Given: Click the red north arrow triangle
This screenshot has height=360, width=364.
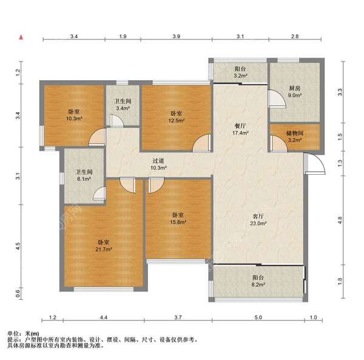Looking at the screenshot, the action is [x=21, y=37].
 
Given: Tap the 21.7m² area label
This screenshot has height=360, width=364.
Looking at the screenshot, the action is [x=104, y=250].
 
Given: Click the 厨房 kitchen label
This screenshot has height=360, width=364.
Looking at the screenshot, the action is [x=295, y=88].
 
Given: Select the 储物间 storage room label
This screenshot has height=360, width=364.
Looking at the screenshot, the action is [x=295, y=134].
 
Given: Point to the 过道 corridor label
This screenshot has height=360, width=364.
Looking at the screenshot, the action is [x=158, y=161].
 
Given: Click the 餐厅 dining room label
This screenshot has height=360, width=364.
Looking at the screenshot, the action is [x=240, y=126].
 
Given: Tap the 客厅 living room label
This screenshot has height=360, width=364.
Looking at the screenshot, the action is [x=258, y=217].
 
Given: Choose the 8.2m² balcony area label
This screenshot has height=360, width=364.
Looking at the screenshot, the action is [x=258, y=284].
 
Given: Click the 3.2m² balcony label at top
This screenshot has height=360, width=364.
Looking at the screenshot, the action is [x=240, y=75].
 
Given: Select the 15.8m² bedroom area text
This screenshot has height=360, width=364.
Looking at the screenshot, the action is [x=178, y=222].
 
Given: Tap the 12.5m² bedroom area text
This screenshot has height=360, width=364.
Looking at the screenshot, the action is [x=177, y=121].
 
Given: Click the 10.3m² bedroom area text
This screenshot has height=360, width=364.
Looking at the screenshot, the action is [x=74, y=118].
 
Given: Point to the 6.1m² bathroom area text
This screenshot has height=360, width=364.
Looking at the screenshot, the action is [x=84, y=179].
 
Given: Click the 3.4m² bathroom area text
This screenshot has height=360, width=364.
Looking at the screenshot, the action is [x=123, y=108].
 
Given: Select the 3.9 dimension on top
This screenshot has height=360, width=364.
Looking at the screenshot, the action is [x=177, y=36].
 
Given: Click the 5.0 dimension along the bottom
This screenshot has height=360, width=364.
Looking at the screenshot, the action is [x=258, y=318].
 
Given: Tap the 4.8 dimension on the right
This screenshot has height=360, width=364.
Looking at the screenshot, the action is [x=340, y=220].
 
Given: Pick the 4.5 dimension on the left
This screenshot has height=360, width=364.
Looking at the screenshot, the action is [x=18, y=246].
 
